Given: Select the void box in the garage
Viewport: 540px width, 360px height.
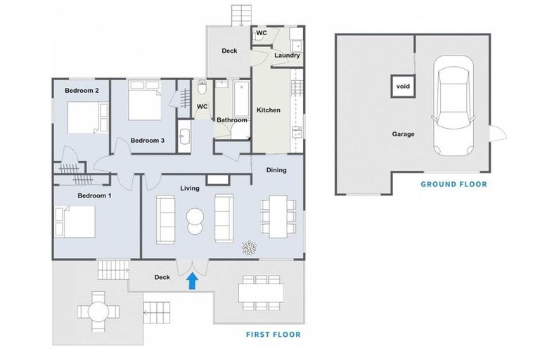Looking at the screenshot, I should click(403, 86).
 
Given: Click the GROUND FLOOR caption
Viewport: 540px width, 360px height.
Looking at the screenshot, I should click(454, 185).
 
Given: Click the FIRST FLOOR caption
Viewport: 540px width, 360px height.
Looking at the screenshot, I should click(273, 335).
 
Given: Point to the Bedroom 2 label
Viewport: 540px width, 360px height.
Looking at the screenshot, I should click(82, 91).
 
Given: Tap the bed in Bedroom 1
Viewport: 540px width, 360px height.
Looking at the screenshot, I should click(74, 223).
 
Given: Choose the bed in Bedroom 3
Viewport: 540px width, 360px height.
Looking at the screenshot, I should click(145, 103).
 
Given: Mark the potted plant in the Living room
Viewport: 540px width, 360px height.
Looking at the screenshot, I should click(249, 247).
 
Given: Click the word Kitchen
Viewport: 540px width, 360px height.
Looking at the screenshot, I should click(268, 110).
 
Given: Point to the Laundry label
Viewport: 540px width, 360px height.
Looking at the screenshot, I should click(287, 56).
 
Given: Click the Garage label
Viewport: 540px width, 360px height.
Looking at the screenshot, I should click(403, 134).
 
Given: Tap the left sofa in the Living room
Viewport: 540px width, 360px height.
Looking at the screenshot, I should click(166, 219).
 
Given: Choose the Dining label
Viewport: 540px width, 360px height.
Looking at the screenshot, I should click(276, 170).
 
